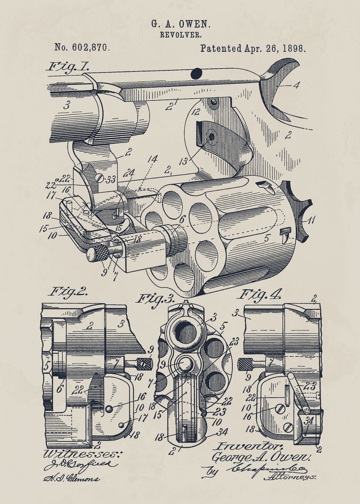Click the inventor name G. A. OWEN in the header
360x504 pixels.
(180, 26)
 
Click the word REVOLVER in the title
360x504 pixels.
(180, 35)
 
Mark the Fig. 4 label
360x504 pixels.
(260, 294)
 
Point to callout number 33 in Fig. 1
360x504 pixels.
(110, 179)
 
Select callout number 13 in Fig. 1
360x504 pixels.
(183, 161)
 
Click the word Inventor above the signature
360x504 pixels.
(238, 446)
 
